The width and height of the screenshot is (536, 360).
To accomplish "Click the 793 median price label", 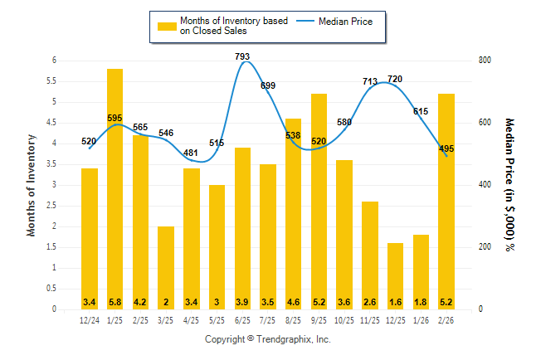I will pyautogui.click(x=242, y=56).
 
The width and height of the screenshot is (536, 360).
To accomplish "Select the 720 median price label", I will pyautogui.click(x=395, y=79).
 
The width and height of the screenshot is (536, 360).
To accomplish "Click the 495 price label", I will pyautogui.click(x=446, y=148).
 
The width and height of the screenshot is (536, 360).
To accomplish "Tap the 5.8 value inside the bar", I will pyautogui.click(x=115, y=301).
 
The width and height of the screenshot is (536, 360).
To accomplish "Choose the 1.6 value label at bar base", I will pyautogui.click(x=395, y=301).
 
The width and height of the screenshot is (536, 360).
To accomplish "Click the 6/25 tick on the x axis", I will pyautogui.click(x=242, y=321).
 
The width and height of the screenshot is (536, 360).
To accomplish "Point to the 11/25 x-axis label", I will pyautogui.click(x=369, y=321).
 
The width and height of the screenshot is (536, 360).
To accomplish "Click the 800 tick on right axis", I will pyautogui.click(x=485, y=61).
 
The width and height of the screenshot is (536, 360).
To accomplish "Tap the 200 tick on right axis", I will pyautogui.click(x=485, y=247).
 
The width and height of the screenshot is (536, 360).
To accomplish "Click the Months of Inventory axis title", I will pyautogui.click(x=32, y=184).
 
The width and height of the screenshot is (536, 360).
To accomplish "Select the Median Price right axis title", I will pyautogui.click(x=510, y=184).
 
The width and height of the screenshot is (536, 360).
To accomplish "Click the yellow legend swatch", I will pyautogui.click(x=168, y=26).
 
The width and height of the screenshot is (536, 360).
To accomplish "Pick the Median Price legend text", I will pyautogui.click(x=351, y=21).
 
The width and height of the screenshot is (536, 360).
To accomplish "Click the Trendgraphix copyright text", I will pyautogui.click(x=268, y=340).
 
